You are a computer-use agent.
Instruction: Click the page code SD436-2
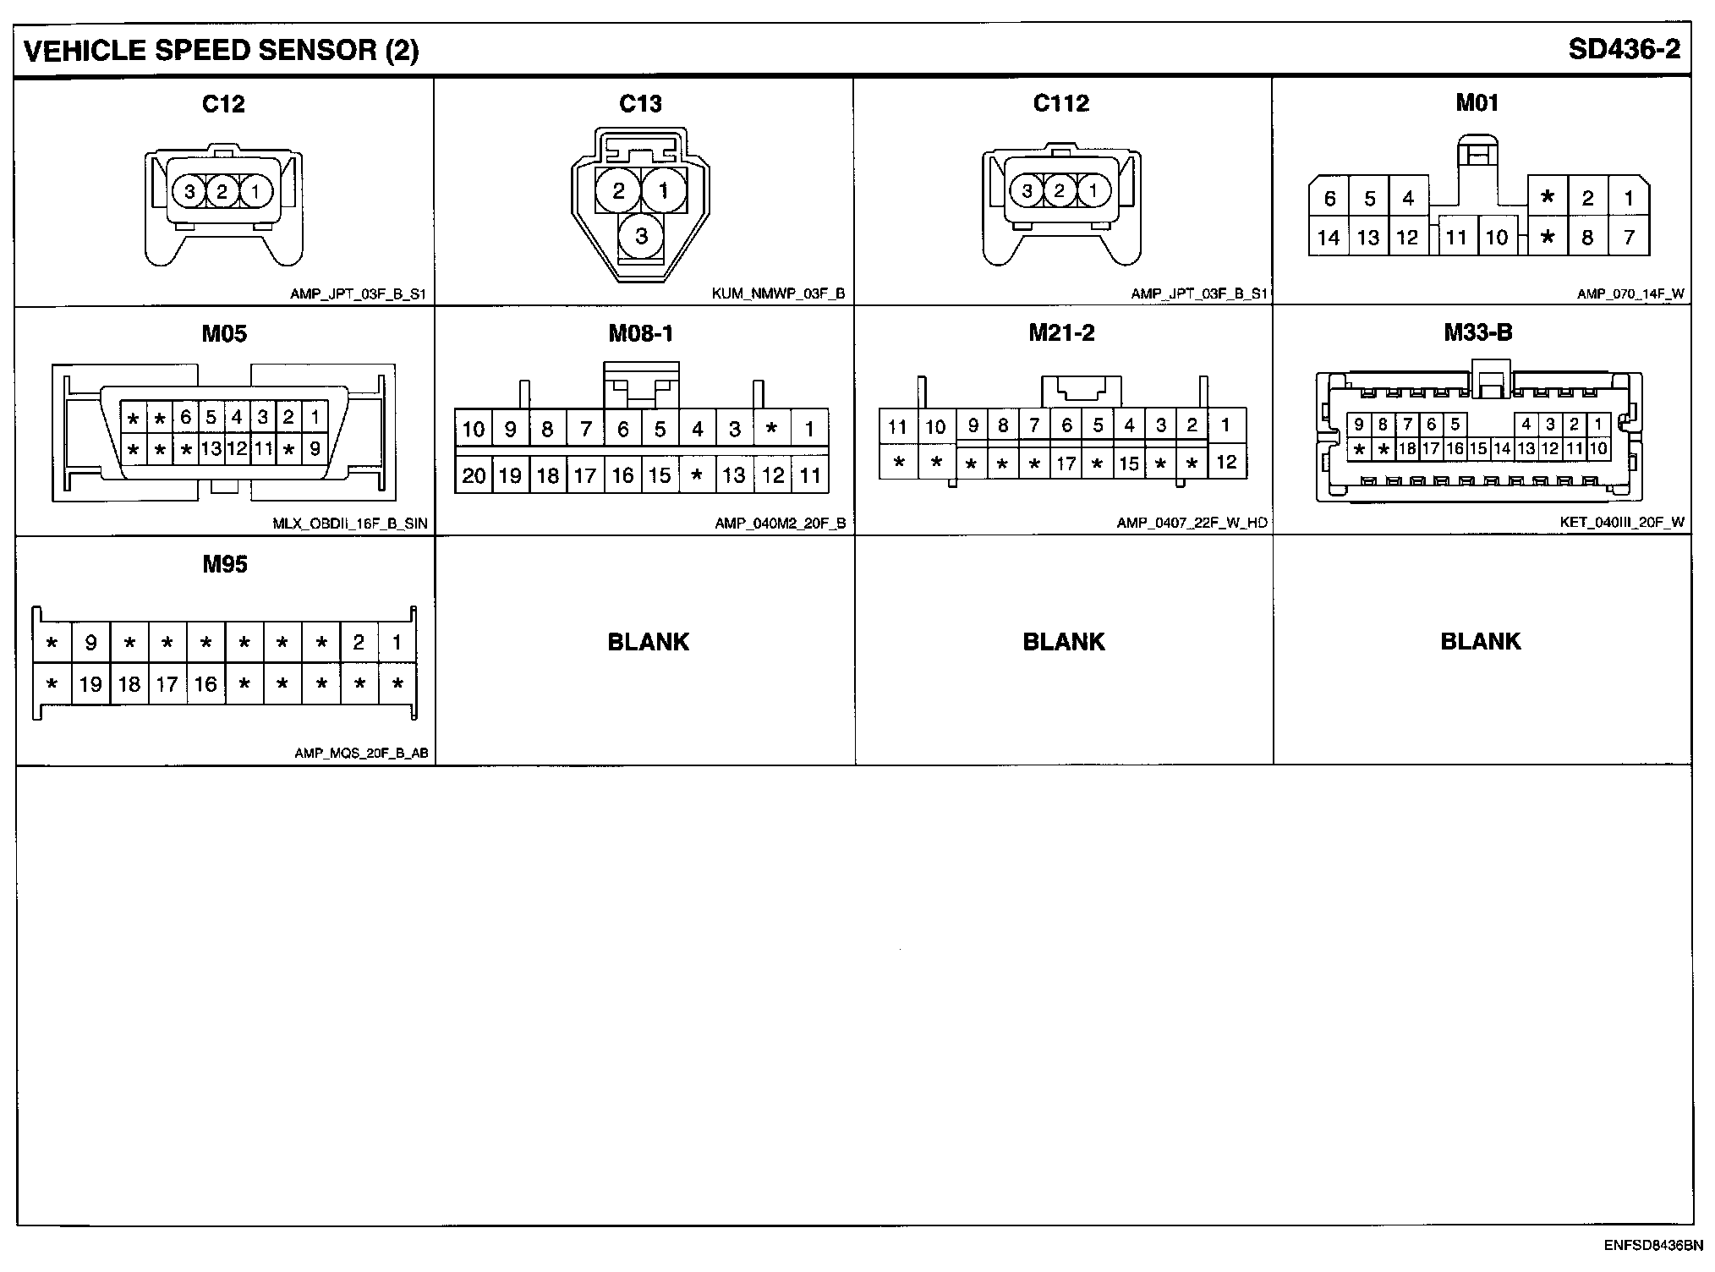pos(1624,50)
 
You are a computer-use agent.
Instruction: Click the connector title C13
pos(640,104)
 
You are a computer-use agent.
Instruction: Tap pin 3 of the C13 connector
pos(641,235)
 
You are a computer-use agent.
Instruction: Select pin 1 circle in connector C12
pos(255,192)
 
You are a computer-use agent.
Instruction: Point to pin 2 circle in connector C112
pos(1060,190)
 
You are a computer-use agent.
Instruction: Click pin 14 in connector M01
pos(1329,238)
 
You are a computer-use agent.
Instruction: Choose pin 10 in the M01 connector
pos(1496,238)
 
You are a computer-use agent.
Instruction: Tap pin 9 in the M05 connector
pos(315,449)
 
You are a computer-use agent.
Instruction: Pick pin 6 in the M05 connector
pos(185,417)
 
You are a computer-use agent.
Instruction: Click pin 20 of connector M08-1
pos(474,475)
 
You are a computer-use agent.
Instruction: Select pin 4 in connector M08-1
pos(697,430)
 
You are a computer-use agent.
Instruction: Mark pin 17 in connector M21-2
pos(1066,463)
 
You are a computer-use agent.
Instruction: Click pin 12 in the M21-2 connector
pos(1226,462)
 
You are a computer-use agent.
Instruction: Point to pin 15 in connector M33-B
pos(1477,449)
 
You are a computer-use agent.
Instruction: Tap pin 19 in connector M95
pos(90,684)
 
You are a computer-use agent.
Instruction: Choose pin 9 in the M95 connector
pos(90,643)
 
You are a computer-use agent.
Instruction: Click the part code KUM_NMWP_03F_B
pos(778,294)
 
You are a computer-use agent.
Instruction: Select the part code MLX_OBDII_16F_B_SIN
pos(350,524)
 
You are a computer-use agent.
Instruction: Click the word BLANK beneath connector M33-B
pos(1480,642)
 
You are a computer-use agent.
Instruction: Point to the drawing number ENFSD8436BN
pos(1653,1245)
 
